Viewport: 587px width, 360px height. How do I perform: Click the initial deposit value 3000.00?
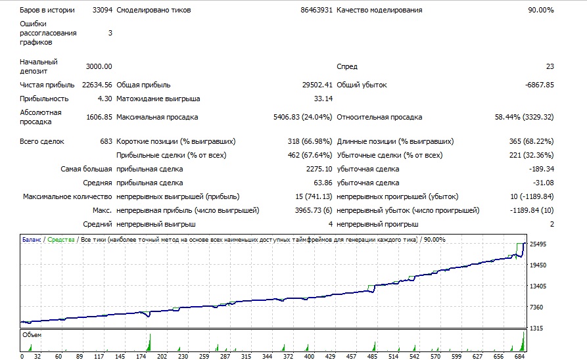point(99,66)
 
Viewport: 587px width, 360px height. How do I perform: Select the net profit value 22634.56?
point(97,85)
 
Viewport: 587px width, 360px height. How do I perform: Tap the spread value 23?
point(550,66)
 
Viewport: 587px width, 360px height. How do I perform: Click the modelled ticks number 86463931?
point(316,10)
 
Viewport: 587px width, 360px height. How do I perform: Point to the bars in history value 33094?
point(102,10)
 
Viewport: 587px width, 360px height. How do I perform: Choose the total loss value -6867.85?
point(539,85)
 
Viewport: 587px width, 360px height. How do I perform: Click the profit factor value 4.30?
point(105,99)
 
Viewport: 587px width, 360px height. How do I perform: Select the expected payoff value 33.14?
point(323,99)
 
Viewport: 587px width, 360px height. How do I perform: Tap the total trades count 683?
point(106,141)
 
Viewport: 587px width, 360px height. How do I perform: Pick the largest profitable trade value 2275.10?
point(319,169)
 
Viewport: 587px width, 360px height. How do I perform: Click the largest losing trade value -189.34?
point(542,169)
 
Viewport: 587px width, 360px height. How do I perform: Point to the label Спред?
point(347,66)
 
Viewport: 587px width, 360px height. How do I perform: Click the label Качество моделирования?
point(379,10)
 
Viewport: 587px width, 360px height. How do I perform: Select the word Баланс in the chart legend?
point(32,240)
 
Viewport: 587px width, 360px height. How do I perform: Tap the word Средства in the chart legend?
point(61,240)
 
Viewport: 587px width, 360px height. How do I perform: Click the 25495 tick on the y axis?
point(538,244)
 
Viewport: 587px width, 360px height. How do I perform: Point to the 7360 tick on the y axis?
point(536,307)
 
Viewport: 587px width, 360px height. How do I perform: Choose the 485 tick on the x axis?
point(372,356)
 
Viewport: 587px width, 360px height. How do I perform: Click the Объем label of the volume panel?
point(32,335)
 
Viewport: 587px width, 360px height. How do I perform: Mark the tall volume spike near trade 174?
point(149,342)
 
